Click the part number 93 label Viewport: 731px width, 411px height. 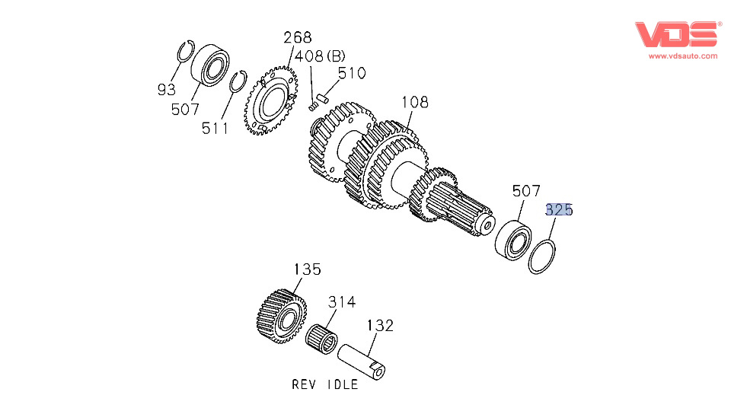point(166,90)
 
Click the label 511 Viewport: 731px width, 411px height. point(215,129)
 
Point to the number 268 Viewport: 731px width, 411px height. point(298,38)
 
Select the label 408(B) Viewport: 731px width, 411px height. point(321,56)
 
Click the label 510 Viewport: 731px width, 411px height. point(352,74)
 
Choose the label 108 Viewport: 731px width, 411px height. point(414,102)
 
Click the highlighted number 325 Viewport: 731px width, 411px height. point(558,210)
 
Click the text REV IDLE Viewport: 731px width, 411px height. point(324,384)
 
